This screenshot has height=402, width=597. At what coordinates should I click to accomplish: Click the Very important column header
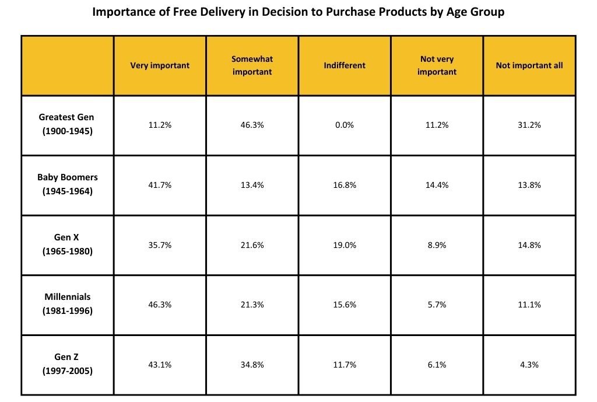[x=160, y=65]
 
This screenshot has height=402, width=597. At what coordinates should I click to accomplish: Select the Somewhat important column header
[x=252, y=65]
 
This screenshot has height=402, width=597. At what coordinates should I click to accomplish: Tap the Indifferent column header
[x=345, y=65]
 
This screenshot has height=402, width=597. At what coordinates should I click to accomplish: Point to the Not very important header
[x=437, y=65]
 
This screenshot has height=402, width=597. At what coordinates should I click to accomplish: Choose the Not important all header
[x=529, y=65]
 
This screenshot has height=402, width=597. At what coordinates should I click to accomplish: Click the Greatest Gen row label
[x=67, y=124]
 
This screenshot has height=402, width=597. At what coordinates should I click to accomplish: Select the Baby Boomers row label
[x=67, y=184]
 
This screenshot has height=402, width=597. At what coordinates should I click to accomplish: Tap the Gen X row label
[x=67, y=244]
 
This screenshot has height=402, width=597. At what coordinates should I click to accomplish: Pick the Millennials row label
[x=67, y=304]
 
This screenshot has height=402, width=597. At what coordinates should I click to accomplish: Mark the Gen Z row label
[x=67, y=364]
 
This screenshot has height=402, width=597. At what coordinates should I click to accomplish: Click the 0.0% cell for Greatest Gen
[x=345, y=125]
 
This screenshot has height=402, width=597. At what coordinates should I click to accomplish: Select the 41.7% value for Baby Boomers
[x=160, y=185]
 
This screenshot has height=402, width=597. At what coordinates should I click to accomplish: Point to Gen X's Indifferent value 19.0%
[x=345, y=245]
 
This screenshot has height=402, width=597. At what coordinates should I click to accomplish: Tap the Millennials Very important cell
[x=160, y=305]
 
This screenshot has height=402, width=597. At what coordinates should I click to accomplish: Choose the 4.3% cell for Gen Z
[x=529, y=365]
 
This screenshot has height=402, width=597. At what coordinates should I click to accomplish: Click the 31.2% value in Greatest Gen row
[x=529, y=125]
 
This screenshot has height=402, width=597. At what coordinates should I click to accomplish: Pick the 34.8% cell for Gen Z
[x=252, y=365]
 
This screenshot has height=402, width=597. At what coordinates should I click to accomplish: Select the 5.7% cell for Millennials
[x=437, y=305]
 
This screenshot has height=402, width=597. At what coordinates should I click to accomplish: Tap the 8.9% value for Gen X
[x=437, y=245]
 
